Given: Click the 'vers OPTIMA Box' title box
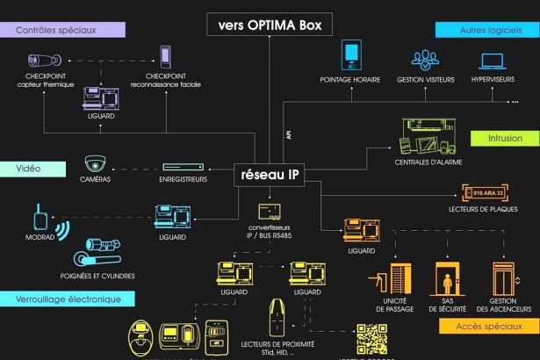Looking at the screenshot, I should tap(270, 25).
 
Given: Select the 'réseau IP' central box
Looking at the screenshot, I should tap(270, 173).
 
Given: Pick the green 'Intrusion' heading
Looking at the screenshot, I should tap(505, 139).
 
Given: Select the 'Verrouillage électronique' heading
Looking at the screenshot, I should tap(67, 299).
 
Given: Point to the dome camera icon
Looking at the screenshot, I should tap(95, 163).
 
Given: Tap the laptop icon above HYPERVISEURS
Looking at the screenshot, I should tap(493, 61).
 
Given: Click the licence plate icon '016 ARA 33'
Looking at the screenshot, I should tap(487, 192).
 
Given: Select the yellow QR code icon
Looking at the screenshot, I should tap(371, 340).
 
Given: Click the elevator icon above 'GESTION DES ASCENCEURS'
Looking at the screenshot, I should tap(501, 280).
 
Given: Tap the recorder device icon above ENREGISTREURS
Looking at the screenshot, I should tap(184, 166).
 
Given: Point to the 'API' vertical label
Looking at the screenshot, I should tap(288, 134).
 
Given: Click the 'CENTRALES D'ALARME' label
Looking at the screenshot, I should tap(430, 162).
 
